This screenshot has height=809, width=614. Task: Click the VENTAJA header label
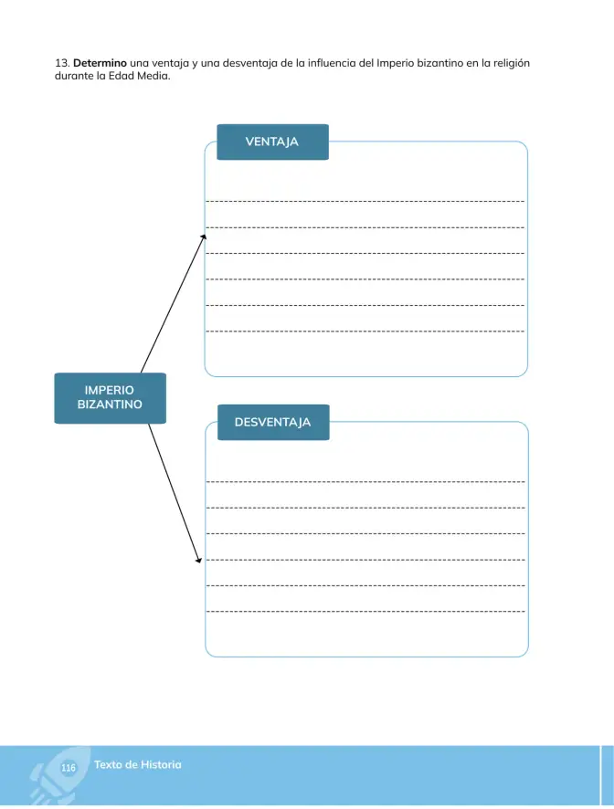pos(272,142)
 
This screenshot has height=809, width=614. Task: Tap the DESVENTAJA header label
pos(273,422)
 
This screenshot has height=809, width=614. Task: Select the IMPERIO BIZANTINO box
pos(110,398)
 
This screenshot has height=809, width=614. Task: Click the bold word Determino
pos(100,63)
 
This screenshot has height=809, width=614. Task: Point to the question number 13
pos(62,63)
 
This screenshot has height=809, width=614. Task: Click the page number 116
pos(69,768)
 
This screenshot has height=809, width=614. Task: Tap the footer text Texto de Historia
pos(137,764)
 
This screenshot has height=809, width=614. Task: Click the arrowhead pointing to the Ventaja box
pos(204,236)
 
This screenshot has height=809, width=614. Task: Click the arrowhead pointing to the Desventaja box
pos(199,561)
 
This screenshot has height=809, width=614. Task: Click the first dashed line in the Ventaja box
pos(365,201)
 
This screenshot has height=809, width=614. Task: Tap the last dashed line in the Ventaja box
pos(365,331)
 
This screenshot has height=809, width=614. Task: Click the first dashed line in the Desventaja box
pos(365,482)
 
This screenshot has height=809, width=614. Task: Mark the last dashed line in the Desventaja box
pos(365,612)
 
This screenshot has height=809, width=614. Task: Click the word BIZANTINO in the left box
pos(110,404)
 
